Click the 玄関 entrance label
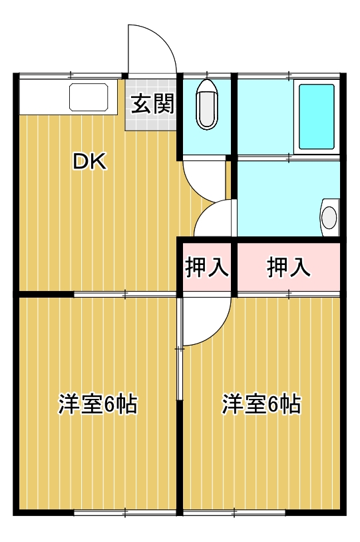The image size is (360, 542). coord(152,105)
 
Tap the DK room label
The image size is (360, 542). coord(89,162)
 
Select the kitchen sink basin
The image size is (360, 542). coord(89,98)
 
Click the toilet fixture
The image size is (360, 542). coord(207,105)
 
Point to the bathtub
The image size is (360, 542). coord(315,117)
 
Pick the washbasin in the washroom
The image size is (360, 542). coord(329,217)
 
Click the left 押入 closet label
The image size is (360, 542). coord(206,267)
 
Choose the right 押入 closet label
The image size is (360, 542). coord(289,267)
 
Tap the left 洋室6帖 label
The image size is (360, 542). coord(98,404)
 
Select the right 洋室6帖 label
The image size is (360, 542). coord(261,404)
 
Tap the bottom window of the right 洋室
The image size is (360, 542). coord(235,512)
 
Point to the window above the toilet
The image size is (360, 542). coord(207,74)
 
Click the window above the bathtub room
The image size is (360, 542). coord(289,74)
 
